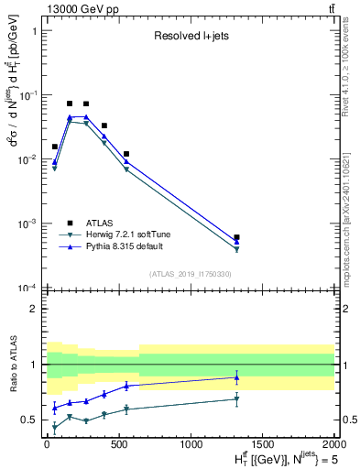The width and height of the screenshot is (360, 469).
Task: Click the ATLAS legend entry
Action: tap(101, 223)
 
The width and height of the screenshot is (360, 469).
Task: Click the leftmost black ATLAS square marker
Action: tap(55, 147)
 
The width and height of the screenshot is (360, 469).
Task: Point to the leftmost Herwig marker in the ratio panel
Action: tap(55, 427)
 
